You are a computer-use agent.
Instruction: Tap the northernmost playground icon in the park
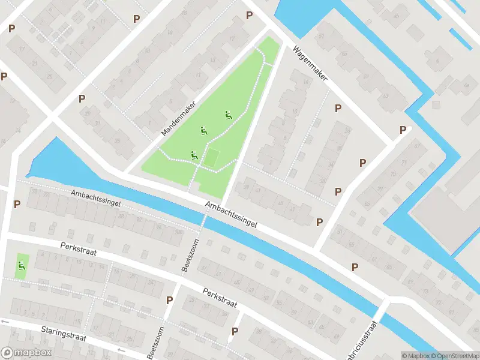click(228, 115)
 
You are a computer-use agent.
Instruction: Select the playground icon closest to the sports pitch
click(194, 155)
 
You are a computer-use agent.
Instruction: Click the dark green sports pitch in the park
click(211, 158)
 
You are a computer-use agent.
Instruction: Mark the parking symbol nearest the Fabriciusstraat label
click(355, 267)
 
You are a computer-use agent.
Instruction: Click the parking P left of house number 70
click(17, 204)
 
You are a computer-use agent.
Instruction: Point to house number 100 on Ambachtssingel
click(178, 231)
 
